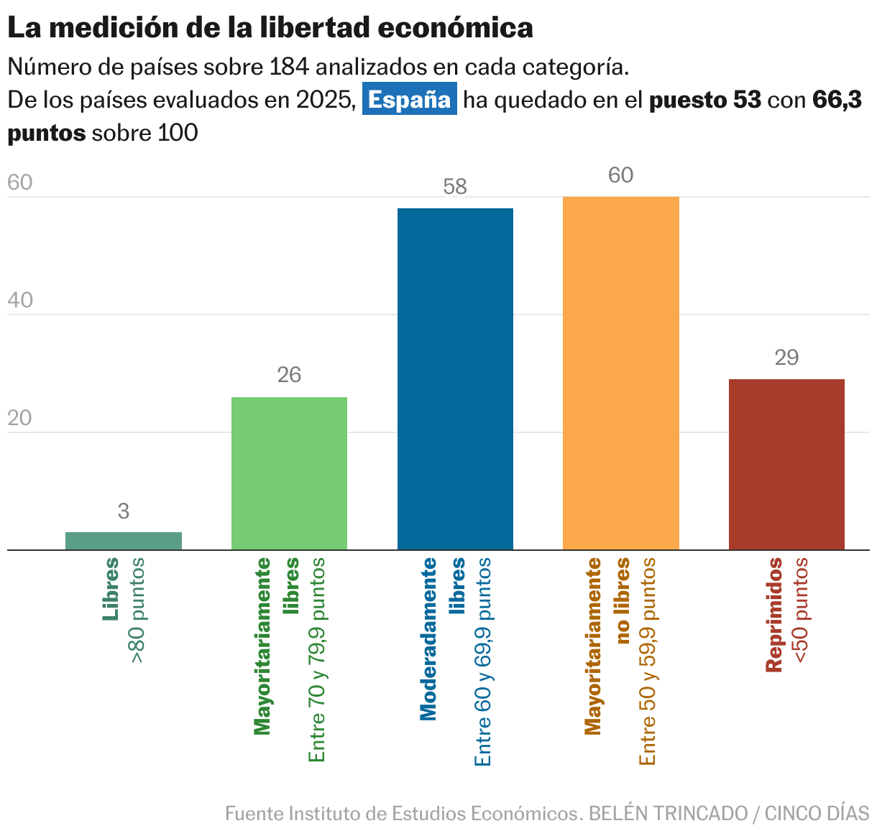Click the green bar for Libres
pos(124,541)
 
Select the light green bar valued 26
pos(289,473)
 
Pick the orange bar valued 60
pos(621,373)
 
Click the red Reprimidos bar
pos(786,464)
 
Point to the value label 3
pos(124,511)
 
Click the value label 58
pos(455,187)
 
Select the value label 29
pos(786,358)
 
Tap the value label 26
pos(289,375)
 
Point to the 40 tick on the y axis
pos(20,300)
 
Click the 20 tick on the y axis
pos(20,418)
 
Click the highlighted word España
pos(409,100)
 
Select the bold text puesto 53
pos(704,100)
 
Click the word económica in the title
pos(455,28)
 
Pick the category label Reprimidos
pos(773,615)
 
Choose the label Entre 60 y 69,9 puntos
pos(483,661)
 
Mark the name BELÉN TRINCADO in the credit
pos(668,814)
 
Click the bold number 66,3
pos(837,100)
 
